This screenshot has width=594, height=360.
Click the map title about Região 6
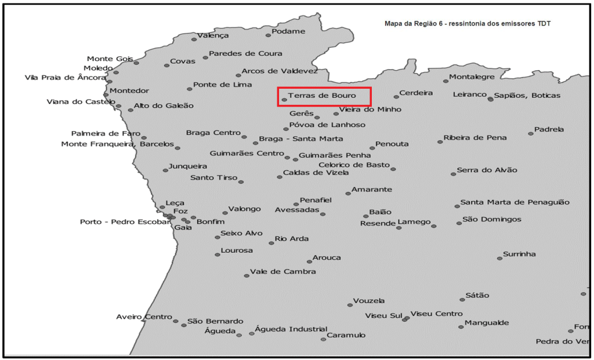[x=468, y=24]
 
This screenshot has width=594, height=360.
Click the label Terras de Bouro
[x=321, y=95]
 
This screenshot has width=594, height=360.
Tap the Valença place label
[x=213, y=35]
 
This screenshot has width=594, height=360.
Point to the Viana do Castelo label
[x=81, y=102]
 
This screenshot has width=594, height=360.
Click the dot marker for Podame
[x=268, y=35]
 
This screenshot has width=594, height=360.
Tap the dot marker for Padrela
[x=531, y=134]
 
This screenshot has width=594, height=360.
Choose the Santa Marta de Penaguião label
[x=515, y=202]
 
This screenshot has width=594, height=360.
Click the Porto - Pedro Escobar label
[x=121, y=222]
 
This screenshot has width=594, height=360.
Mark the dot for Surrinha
[x=499, y=258]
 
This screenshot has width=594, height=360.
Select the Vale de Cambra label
[x=283, y=271]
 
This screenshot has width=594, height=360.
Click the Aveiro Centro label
[x=144, y=317]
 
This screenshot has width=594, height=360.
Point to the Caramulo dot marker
[x=324, y=339]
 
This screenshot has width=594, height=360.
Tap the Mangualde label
[x=487, y=323]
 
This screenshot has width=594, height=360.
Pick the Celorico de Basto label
[x=354, y=165]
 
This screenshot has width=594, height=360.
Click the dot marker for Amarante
[x=348, y=193]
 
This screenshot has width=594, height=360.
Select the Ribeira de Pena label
[x=475, y=138]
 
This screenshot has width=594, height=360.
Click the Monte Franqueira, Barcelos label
[x=117, y=144]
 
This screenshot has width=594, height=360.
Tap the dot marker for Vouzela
[x=350, y=305]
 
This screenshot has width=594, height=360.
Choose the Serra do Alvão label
[x=487, y=170]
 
